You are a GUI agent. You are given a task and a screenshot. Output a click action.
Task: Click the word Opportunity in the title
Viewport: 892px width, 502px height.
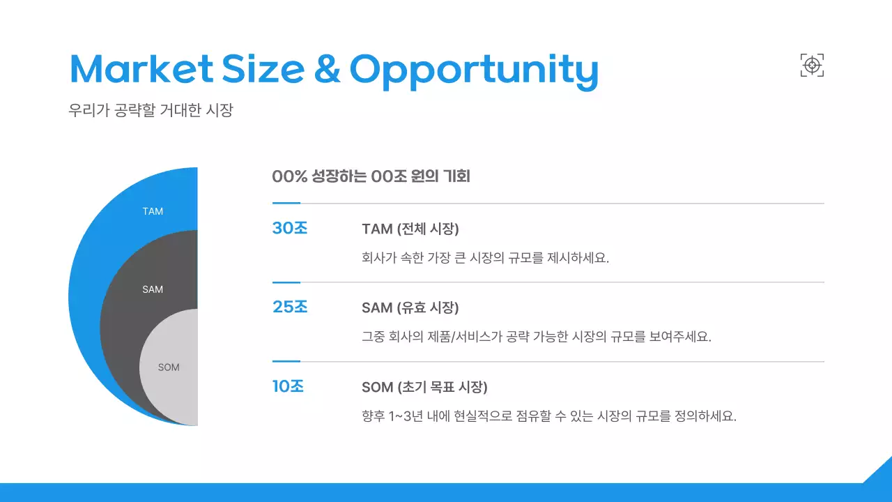473,70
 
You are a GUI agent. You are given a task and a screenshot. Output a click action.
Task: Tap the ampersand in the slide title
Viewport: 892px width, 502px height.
327,68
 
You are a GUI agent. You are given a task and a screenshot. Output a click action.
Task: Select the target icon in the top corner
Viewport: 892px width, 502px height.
812,66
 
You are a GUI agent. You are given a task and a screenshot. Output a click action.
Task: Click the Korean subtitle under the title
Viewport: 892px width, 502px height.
151,110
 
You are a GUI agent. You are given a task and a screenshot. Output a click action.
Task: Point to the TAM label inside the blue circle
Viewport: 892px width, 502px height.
153,211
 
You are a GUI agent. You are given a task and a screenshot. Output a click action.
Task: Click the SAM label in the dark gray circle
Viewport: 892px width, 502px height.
153,289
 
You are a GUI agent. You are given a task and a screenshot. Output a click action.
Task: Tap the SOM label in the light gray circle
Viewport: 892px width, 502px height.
169,367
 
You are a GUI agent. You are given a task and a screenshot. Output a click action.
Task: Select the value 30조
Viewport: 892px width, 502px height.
290,228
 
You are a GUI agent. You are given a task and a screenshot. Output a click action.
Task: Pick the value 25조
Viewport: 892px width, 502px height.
290,307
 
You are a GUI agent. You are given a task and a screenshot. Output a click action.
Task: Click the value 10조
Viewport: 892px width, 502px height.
288,386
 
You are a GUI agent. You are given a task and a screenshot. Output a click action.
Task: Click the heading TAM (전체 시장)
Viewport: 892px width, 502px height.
410,229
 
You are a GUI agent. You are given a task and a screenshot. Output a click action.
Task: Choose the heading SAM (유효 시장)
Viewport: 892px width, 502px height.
410,307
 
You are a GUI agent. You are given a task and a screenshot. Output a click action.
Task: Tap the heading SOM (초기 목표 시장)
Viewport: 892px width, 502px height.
424,387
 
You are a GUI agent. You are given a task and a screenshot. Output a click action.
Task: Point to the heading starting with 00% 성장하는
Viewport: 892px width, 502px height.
371,176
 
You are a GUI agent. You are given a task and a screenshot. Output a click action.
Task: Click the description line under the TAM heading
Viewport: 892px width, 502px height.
485,257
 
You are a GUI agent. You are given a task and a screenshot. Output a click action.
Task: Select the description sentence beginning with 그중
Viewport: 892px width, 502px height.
536,336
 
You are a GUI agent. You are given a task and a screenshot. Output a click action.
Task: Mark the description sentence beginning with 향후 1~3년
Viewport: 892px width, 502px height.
548,416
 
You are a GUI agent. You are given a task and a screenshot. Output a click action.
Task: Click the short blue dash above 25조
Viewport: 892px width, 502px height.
286,282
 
